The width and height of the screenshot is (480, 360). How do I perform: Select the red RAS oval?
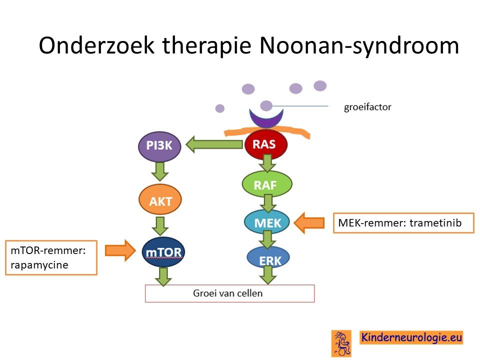(x=265, y=144)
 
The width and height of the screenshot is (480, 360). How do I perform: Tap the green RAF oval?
(x=267, y=184)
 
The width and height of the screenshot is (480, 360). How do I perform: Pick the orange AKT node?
(x=160, y=200)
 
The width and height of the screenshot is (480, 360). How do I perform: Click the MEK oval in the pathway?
(x=267, y=222)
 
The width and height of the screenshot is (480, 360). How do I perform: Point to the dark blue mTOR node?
(x=163, y=252)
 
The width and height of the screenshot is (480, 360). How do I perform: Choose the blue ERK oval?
(x=268, y=258)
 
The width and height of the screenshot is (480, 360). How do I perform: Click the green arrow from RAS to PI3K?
(x=214, y=144)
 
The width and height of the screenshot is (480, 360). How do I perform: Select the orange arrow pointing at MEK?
(x=309, y=223)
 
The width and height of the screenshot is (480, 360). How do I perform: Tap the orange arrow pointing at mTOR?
(x=120, y=250)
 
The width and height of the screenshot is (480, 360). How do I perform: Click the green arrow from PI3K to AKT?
(x=160, y=171)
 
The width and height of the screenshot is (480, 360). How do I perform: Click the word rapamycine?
(x=39, y=265)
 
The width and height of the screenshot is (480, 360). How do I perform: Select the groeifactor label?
(x=367, y=107)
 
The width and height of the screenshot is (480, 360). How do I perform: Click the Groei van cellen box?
(x=229, y=293)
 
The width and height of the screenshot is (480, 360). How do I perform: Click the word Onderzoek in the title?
(x=96, y=45)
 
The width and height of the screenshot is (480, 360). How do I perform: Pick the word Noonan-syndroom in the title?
(x=359, y=46)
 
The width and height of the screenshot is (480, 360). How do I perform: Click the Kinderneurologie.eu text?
(x=411, y=337)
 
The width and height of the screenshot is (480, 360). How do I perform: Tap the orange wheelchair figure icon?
(x=341, y=343)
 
